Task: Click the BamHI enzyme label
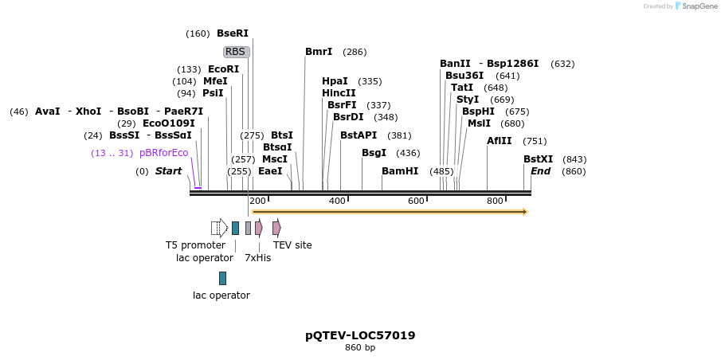pyautogui.click(x=399, y=171)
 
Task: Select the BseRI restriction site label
pyautogui.click(x=233, y=33)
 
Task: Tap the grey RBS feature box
pyautogui.click(x=236, y=52)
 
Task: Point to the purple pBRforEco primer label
pyautogui.click(x=163, y=153)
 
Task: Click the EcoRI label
pyautogui.click(x=223, y=69)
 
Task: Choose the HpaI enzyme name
pyautogui.click(x=335, y=81)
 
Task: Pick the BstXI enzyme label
pyautogui.click(x=538, y=159)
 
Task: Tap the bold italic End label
pyautogui.click(x=540, y=171)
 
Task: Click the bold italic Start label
pyautogui.click(x=168, y=171)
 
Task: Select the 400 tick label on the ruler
pyautogui.click(x=337, y=201)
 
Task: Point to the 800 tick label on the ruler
pyautogui.click(x=495, y=201)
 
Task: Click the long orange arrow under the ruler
pyautogui.click(x=390, y=212)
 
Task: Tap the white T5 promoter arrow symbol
pyautogui.click(x=219, y=229)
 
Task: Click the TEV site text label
pyautogui.click(x=292, y=245)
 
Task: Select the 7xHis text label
pyautogui.click(x=257, y=258)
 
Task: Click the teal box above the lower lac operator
pyautogui.click(x=222, y=278)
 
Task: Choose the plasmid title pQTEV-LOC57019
pyautogui.click(x=360, y=335)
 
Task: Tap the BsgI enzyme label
pyautogui.click(x=374, y=153)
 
